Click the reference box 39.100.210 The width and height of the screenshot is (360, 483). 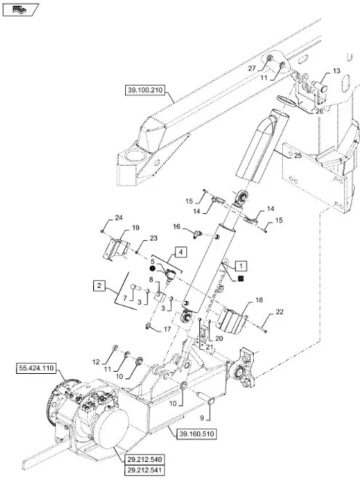(145, 90)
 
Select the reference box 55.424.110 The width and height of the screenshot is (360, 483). (36, 368)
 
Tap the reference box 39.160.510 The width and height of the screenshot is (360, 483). (196, 434)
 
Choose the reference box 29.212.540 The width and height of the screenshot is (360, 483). (145, 460)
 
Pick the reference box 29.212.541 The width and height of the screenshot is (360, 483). (145, 471)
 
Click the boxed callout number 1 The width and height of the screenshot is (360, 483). (241, 266)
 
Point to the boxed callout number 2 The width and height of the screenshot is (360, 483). (99, 286)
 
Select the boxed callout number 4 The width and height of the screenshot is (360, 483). (181, 252)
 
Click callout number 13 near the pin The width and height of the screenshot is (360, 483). (337, 71)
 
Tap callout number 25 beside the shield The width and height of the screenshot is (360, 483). (297, 156)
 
